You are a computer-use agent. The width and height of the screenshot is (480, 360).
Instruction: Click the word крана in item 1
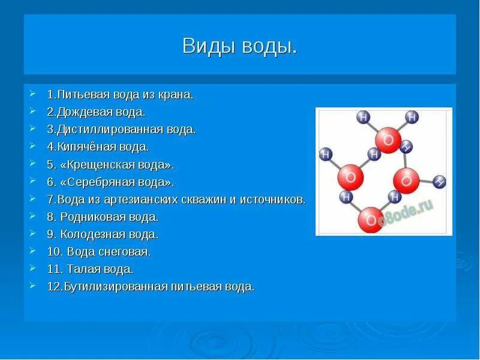[x=175, y=95]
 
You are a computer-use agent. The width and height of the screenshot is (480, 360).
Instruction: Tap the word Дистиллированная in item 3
[x=110, y=130]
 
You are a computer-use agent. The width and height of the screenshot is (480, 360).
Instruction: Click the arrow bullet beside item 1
[x=32, y=94]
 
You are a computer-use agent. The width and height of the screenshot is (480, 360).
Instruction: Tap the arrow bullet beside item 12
[x=32, y=286]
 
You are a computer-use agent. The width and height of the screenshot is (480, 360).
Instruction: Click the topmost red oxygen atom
[x=388, y=140]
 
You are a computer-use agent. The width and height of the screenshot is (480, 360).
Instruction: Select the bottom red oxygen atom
[x=371, y=220]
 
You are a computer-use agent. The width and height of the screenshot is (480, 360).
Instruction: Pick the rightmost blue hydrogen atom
[x=439, y=182]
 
